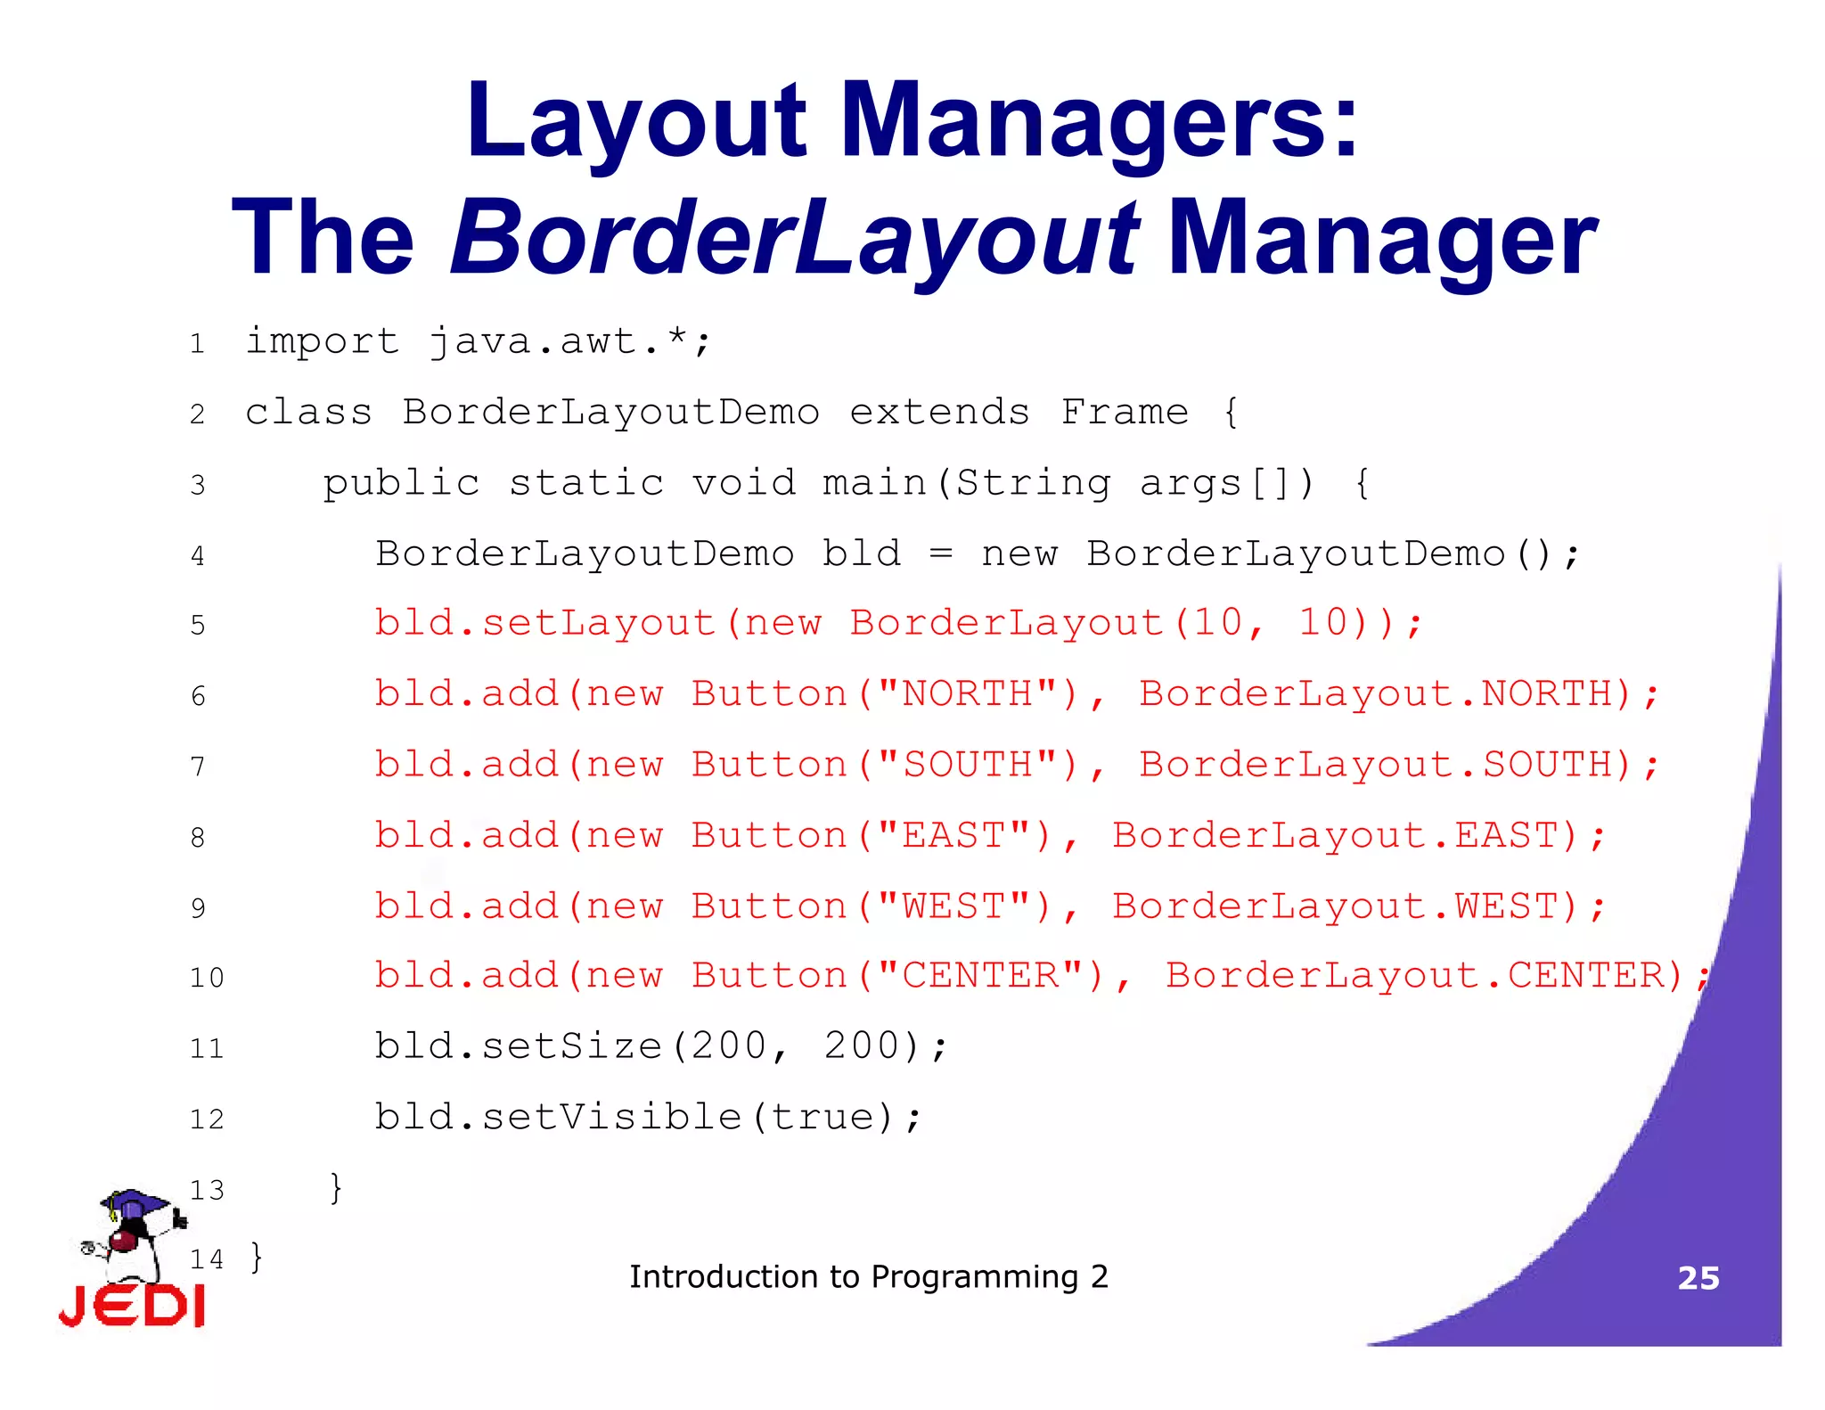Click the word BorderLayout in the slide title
[793, 237]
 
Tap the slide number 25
[1698, 1278]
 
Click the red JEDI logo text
[132, 1307]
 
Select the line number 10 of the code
[207, 978]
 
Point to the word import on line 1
[322, 341]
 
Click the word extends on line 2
[939, 412]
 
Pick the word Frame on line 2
[1125, 412]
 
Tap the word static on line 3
[586, 483]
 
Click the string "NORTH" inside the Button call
[968, 693]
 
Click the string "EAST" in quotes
[954, 835]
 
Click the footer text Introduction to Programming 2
[869, 1277]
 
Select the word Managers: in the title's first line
[1100, 120]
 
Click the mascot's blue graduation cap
[134, 1203]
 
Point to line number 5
[198, 625]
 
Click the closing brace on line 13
[336, 1187]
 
